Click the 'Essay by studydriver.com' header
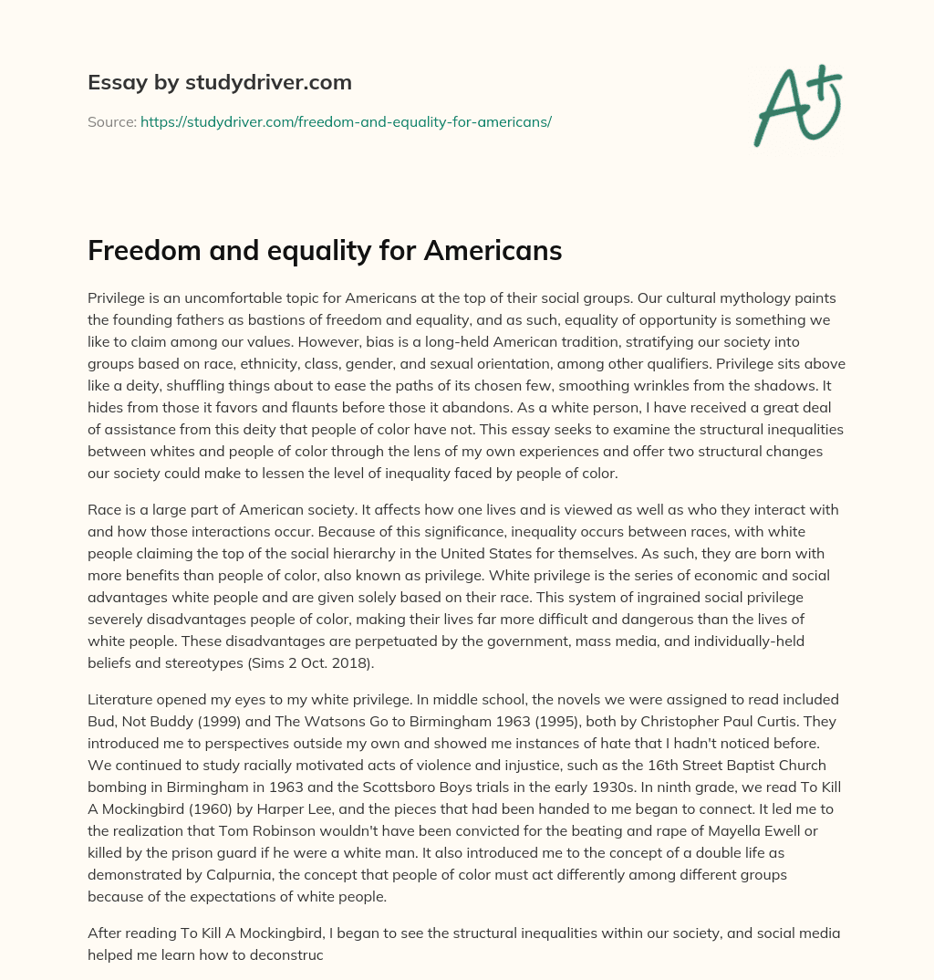coord(219,83)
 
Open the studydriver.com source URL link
coord(346,120)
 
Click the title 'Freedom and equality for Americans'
coord(324,251)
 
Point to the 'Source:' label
coord(111,120)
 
